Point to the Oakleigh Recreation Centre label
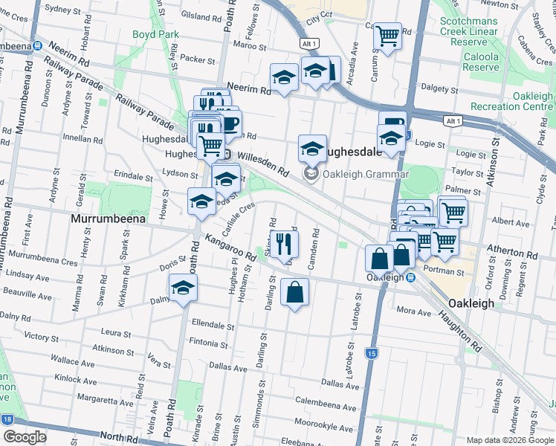(x=522, y=102)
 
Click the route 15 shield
(x=372, y=352)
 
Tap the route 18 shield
(x=7, y=420)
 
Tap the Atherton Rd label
(x=511, y=253)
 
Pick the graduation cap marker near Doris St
(x=183, y=288)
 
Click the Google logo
(x=25, y=437)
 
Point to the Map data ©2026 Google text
(x=508, y=440)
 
